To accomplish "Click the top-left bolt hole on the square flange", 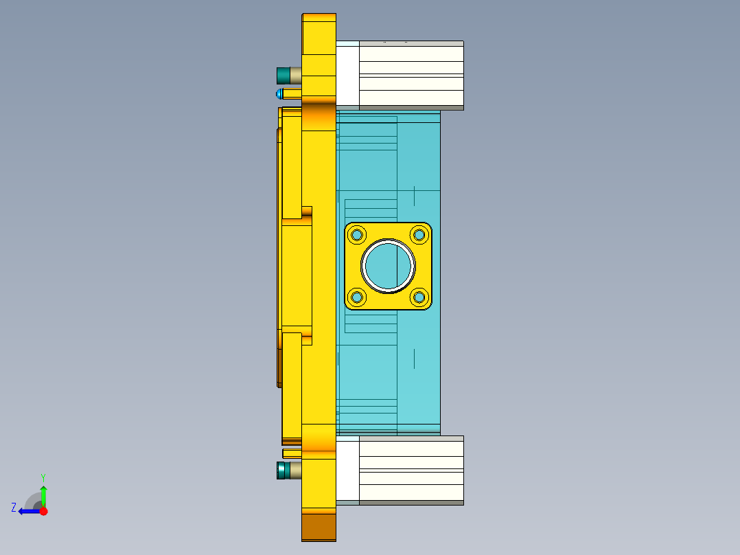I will click(357, 235).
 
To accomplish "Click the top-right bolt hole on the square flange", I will click(419, 235).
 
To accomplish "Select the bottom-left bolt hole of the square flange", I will click(357, 297).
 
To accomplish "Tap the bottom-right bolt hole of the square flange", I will click(419, 297).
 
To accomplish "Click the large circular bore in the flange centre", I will click(388, 266).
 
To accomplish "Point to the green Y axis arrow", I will click(43, 495).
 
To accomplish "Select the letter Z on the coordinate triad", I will click(14, 508).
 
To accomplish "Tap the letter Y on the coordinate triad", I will click(43, 477).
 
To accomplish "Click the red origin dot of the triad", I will click(43, 511).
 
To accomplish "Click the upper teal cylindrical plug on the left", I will click(282, 75).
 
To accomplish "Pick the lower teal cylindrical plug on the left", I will click(282, 471).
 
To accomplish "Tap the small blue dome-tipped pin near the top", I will click(279, 93).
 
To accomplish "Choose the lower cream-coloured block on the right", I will click(411, 470).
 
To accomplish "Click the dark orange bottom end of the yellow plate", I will click(319, 527).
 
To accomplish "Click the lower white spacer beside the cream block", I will click(348, 470).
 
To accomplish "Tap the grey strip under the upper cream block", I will click(411, 108).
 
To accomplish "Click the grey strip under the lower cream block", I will click(411, 503).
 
